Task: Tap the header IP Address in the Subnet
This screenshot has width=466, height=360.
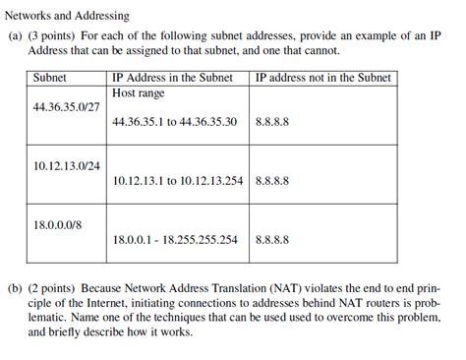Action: [173, 77]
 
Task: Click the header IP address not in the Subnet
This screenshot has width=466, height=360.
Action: [322, 77]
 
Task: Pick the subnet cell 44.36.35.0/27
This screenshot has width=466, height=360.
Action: [65, 105]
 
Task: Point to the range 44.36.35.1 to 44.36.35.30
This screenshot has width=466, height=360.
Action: [175, 122]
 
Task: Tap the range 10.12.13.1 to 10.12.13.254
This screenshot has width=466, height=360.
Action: [178, 181]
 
